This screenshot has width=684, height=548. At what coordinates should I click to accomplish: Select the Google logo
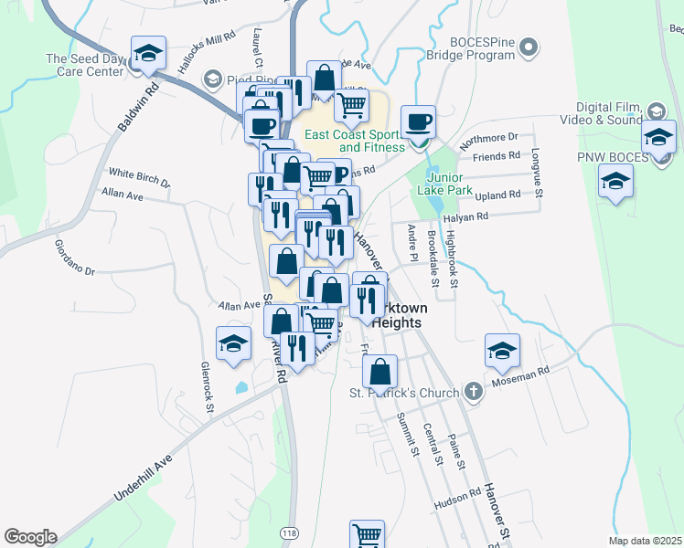tap(30, 537)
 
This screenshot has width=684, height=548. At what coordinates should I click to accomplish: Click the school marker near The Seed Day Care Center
tap(147, 54)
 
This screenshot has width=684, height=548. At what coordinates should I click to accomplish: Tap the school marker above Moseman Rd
tap(502, 351)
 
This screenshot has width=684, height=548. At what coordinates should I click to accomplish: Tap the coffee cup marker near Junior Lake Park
tap(419, 122)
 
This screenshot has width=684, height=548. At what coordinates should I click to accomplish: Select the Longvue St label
tap(538, 174)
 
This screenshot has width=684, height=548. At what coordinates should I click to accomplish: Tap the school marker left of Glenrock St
tap(233, 345)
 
